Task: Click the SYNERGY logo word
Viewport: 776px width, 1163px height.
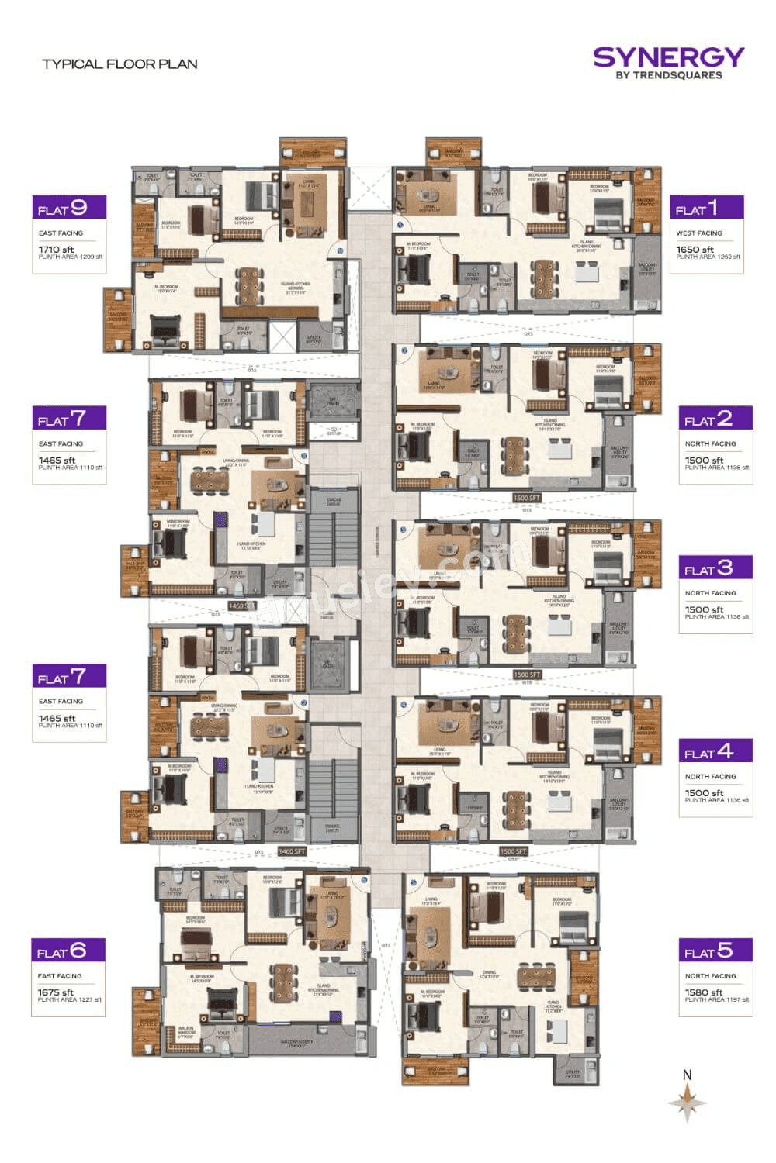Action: point(668,57)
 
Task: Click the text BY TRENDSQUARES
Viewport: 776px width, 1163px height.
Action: point(668,75)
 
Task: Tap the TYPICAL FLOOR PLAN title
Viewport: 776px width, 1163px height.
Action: point(120,64)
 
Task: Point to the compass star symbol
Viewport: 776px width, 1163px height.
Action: point(687,1102)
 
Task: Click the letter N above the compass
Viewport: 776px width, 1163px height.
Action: point(687,1075)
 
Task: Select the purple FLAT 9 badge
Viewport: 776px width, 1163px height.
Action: point(69,208)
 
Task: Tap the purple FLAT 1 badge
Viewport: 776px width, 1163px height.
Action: point(706,208)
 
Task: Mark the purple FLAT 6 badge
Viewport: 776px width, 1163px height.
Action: point(68,951)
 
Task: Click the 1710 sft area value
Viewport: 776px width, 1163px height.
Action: point(56,250)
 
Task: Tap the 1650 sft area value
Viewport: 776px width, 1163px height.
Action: point(694,250)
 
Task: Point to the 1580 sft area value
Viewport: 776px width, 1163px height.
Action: point(703,992)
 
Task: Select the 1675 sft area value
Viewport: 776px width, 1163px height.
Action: point(55,992)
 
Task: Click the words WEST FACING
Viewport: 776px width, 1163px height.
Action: point(698,233)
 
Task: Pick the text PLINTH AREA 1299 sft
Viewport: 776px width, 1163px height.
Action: point(70,257)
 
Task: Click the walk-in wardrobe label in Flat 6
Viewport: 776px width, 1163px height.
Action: point(186,1032)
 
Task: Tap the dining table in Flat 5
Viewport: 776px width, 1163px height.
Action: point(532,976)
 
